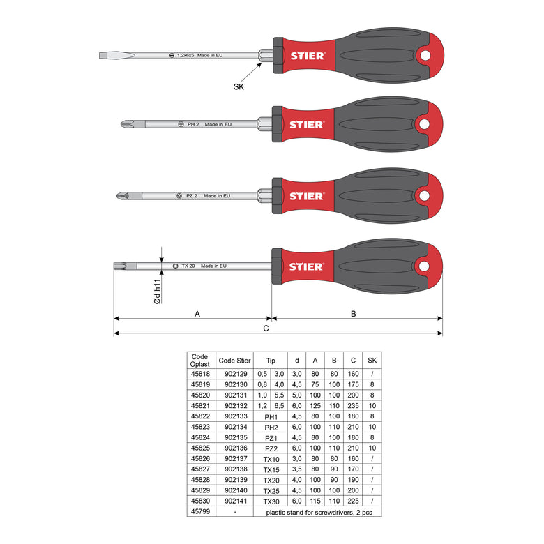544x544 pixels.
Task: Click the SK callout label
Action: (x=239, y=86)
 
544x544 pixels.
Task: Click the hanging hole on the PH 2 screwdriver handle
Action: (x=424, y=124)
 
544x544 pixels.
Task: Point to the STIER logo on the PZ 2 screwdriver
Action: (x=307, y=197)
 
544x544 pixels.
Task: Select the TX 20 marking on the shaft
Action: (x=188, y=266)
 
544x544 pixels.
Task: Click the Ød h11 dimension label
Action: (x=158, y=292)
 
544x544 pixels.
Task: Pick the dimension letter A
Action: (x=197, y=314)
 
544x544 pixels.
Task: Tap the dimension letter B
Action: (x=353, y=314)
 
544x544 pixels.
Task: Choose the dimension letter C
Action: (x=266, y=328)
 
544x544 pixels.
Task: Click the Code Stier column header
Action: (x=234, y=361)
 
